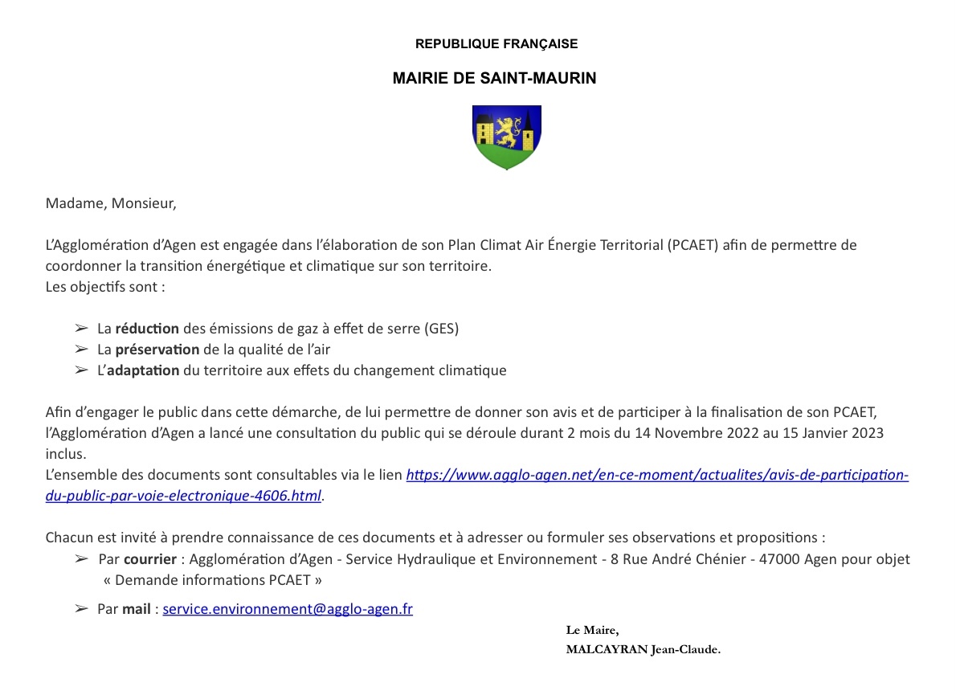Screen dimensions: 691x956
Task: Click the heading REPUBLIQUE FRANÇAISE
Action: click(496, 44)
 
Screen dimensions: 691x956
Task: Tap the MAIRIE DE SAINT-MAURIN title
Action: click(494, 79)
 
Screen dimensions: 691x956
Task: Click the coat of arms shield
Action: click(506, 137)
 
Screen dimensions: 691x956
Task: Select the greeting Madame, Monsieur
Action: click(111, 203)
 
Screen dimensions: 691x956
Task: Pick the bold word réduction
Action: click(147, 329)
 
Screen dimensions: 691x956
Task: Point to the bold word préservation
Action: click(157, 350)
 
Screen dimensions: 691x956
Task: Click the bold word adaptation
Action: click(143, 370)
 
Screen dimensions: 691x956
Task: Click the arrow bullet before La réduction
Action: click(80, 329)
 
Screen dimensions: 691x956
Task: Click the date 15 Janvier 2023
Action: click(835, 433)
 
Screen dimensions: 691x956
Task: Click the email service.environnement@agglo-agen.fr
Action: click(288, 609)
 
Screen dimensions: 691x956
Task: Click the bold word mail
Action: click(136, 609)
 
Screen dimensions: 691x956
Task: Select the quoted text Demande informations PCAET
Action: click(213, 579)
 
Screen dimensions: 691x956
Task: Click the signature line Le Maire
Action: click(592, 630)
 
